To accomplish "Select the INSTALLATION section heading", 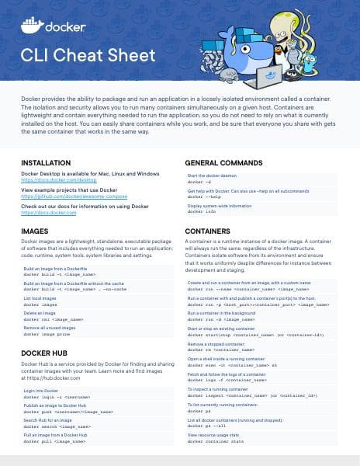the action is click(x=47, y=162).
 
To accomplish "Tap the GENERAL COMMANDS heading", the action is click(x=227, y=162).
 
